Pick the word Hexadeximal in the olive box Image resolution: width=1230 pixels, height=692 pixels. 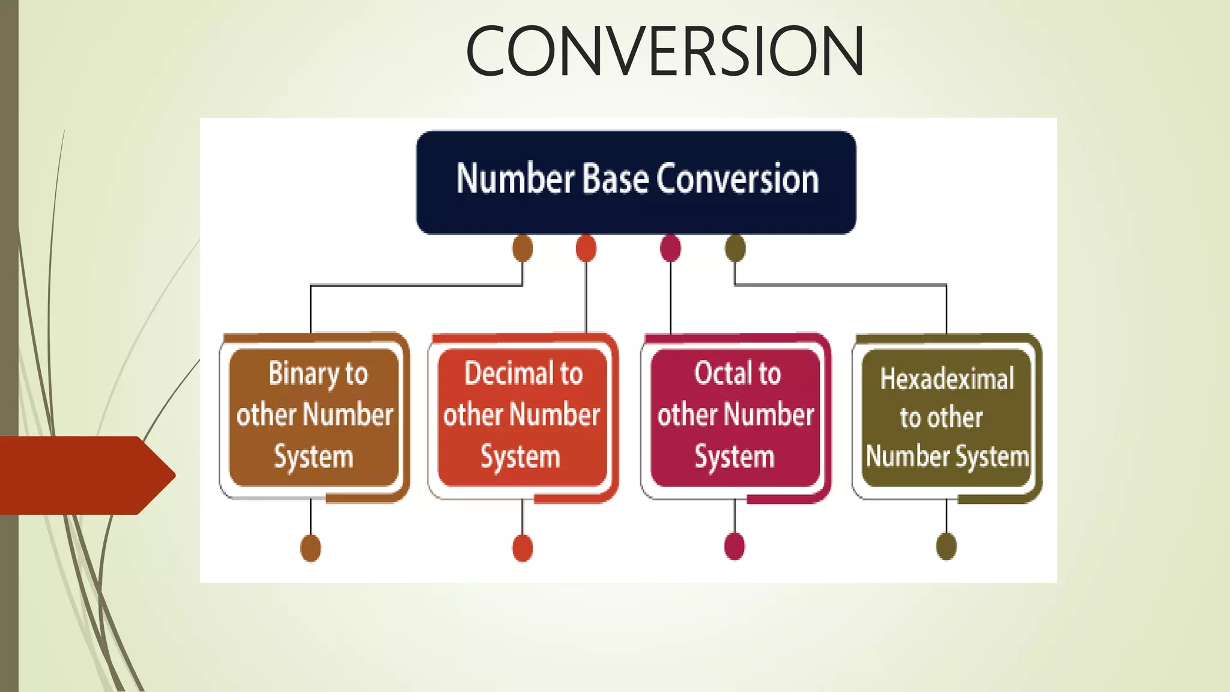pyautogui.click(x=947, y=379)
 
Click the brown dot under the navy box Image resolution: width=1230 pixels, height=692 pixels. pyautogui.click(x=523, y=248)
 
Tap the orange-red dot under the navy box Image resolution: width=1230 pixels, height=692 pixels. pyautogui.click(x=586, y=248)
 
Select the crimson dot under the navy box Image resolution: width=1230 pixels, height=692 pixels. pyautogui.click(x=670, y=248)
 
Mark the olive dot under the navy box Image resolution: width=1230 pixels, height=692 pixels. pyautogui.click(x=735, y=248)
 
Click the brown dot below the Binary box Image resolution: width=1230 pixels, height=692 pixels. pyautogui.click(x=311, y=548)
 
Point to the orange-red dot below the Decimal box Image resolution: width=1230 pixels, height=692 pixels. pyautogui.click(x=523, y=548)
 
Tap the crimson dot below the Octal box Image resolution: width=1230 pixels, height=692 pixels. pyautogui.click(x=735, y=547)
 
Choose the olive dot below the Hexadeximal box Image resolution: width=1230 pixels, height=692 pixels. pyautogui.click(x=947, y=547)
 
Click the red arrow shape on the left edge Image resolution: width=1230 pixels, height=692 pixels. pyautogui.click(x=84, y=475)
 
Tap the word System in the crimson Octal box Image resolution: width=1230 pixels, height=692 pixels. pyautogui.click(x=735, y=457)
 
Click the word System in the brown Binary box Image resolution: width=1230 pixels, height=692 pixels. pyautogui.click(x=314, y=457)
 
